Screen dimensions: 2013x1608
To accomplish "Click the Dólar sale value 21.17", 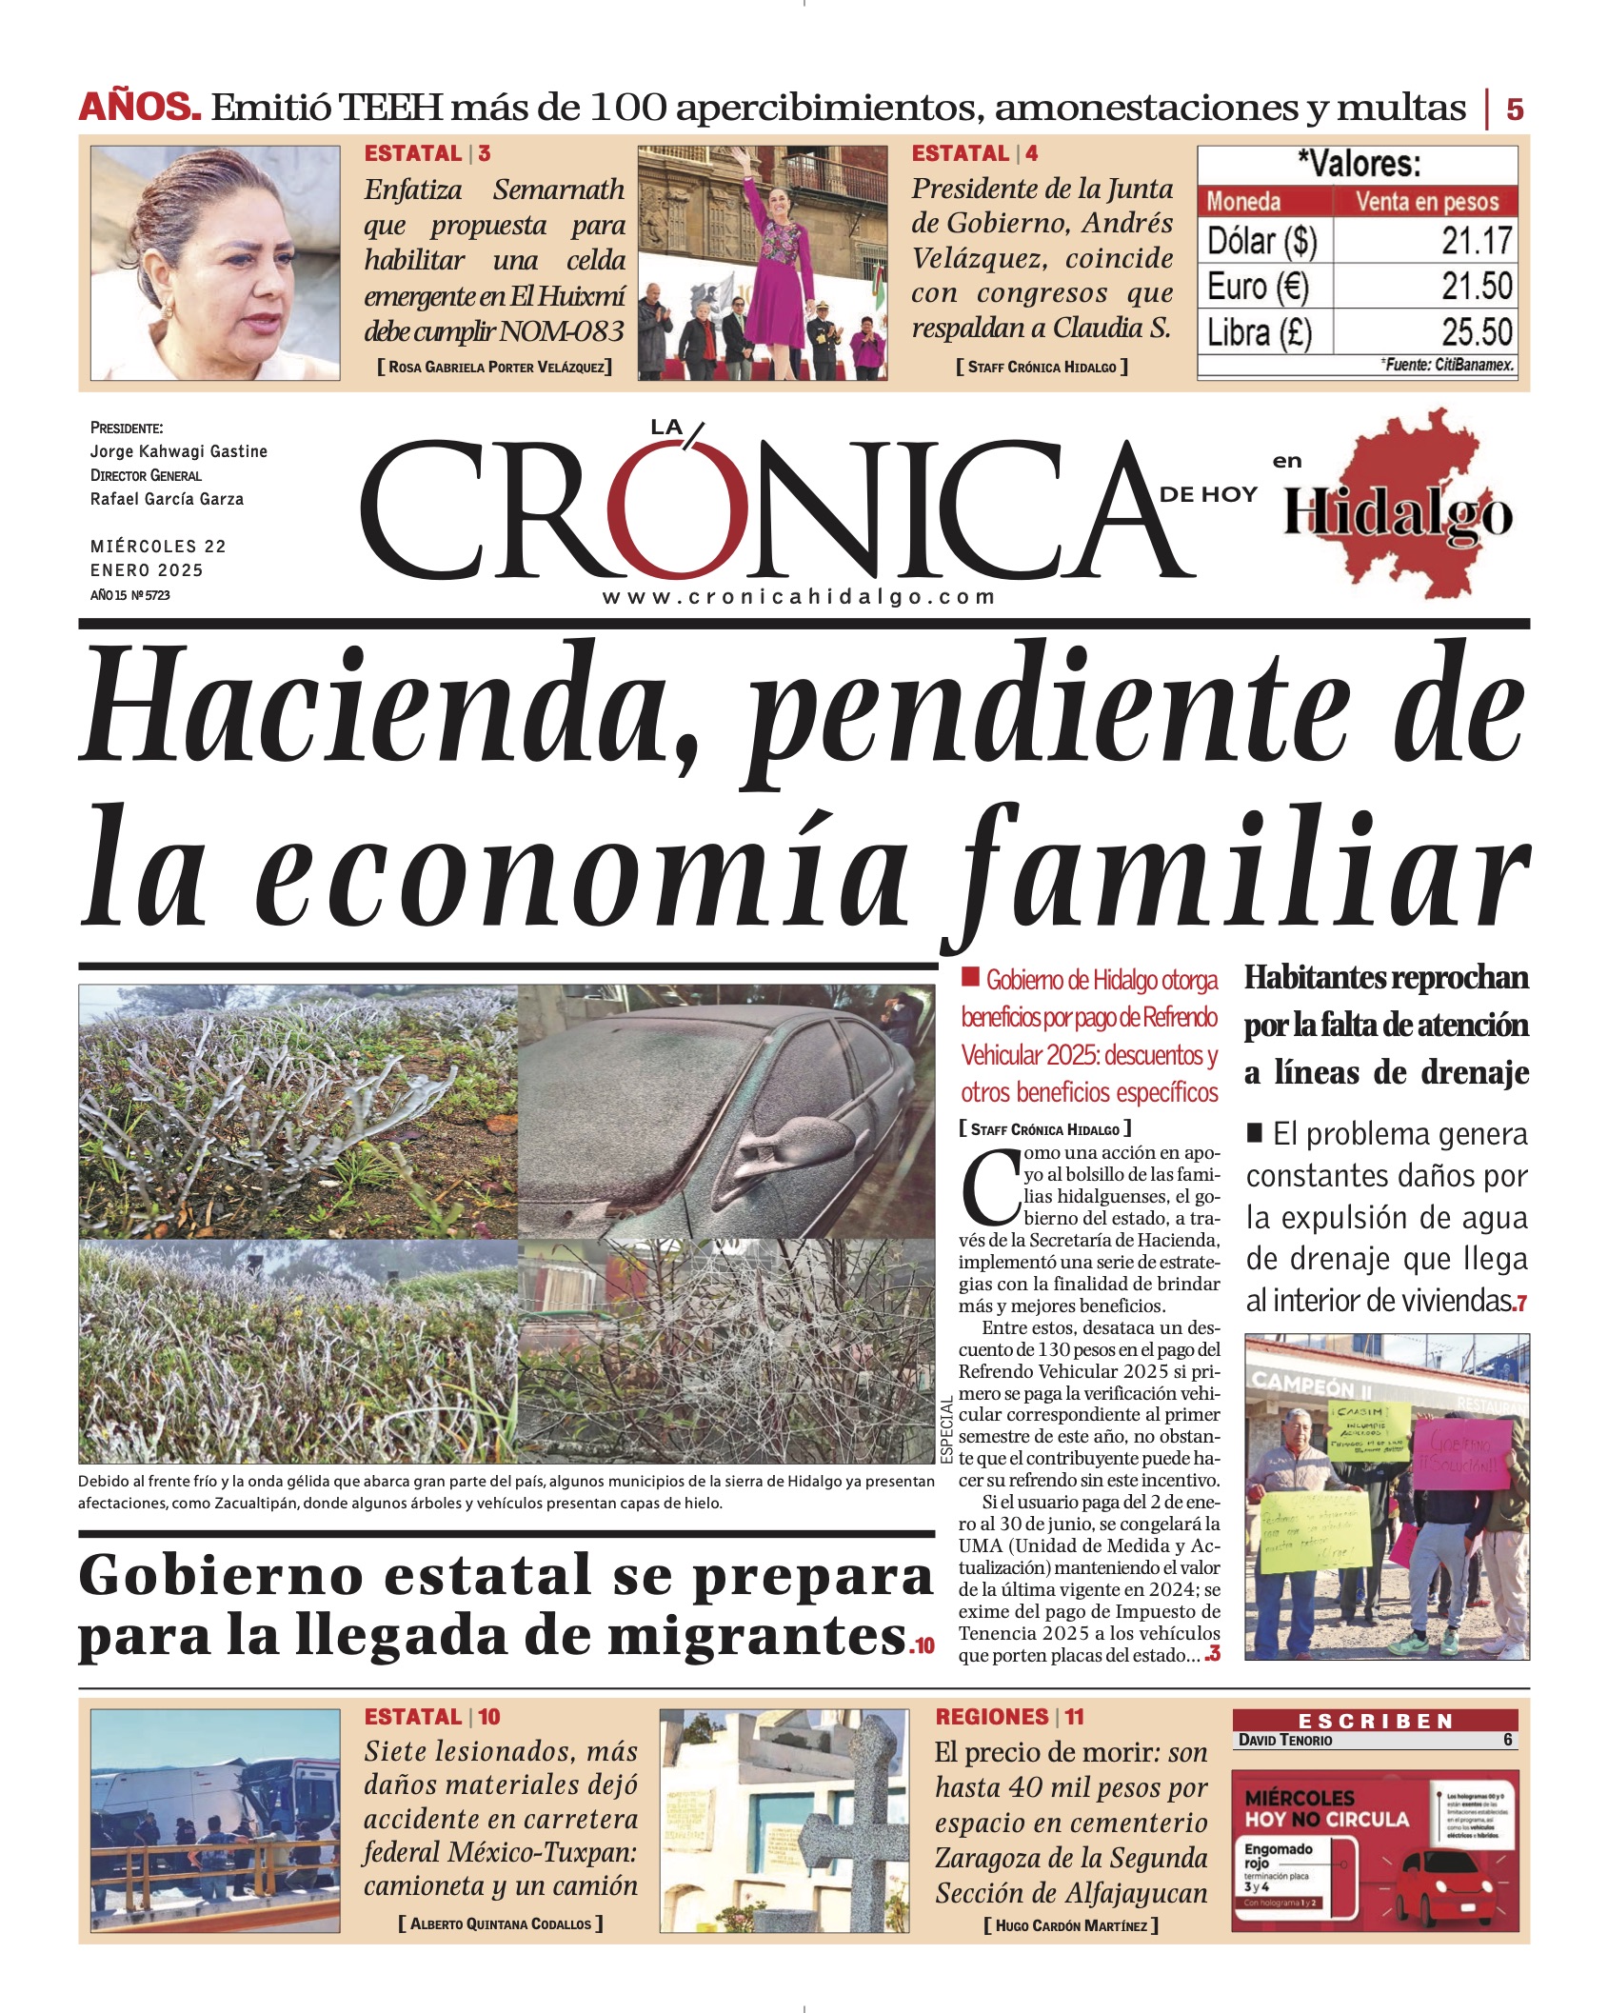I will click(x=1476, y=241).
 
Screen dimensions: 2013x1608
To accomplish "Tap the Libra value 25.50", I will click(x=1476, y=332).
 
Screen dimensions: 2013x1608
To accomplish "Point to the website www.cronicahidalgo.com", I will click(x=798, y=597).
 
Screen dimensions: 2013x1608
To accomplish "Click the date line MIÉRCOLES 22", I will click(x=158, y=547).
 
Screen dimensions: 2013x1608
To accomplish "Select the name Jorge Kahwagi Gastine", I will click(x=179, y=451).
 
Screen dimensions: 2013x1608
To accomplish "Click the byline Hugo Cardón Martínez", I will click(x=1071, y=1925).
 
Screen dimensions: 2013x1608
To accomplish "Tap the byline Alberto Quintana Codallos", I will click(x=501, y=1923).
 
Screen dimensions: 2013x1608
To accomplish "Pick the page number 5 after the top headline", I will click(x=1514, y=110).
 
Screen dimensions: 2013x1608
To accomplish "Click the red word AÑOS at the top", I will click(x=139, y=107).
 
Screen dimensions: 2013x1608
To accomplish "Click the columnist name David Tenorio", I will click(x=1284, y=1740).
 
